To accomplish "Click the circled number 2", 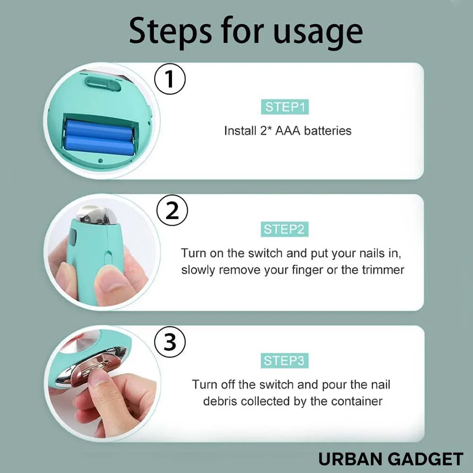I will [172, 211].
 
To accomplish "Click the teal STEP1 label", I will [284, 107].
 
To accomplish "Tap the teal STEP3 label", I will [284, 361].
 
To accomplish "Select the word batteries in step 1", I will [328, 131].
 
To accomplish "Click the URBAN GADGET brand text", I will [391, 459].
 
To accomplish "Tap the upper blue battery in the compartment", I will [99, 128].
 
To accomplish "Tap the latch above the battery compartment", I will [102, 83].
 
